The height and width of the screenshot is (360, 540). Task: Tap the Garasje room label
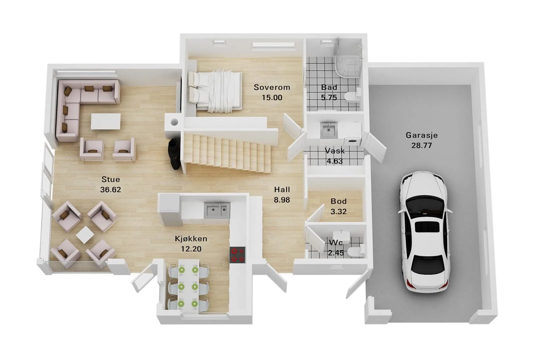coord(422,135)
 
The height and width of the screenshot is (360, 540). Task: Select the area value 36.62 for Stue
coord(110,189)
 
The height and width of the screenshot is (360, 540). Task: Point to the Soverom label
coord(272,87)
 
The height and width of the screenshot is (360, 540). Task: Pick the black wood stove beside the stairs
coord(174,154)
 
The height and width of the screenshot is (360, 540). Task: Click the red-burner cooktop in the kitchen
coord(237,255)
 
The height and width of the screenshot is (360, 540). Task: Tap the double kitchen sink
coord(217,211)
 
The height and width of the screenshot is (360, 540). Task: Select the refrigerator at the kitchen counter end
coord(170,210)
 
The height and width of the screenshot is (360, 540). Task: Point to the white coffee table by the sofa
coord(105,121)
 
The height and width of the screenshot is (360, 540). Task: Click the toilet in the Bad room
coord(353,96)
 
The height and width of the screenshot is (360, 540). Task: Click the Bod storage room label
coord(339,201)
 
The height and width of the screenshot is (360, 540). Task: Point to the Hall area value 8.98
coord(282,200)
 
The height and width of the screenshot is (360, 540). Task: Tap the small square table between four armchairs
coord(85,235)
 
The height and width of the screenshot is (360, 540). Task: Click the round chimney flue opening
coord(174,122)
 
